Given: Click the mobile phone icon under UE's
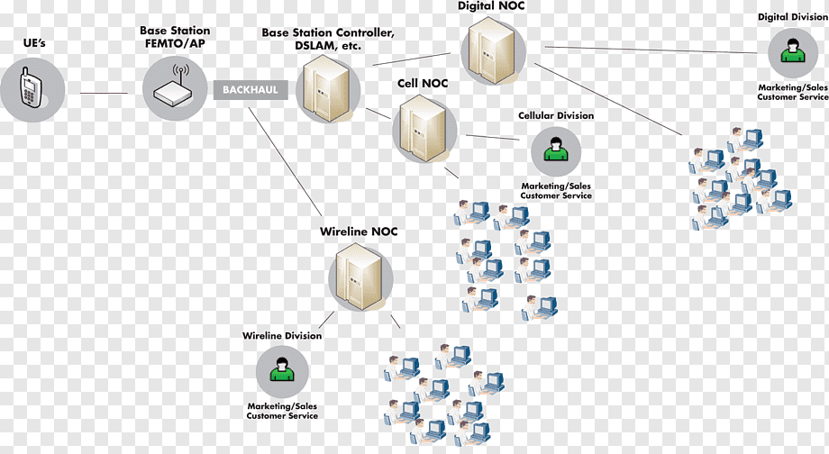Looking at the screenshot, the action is [30, 87].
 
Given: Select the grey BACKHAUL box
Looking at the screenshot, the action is [251, 90].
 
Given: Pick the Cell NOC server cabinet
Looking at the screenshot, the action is [422, 128].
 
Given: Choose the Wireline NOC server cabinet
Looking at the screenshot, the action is [359, 277].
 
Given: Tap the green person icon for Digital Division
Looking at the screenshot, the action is [793, 50].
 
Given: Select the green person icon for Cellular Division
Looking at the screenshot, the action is [556, 149].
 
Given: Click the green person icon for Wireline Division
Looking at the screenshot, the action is [282, 369].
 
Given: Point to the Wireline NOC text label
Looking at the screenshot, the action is [359, 232].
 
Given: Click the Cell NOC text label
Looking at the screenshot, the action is [423, 84].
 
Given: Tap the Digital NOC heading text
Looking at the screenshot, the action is [491, 6].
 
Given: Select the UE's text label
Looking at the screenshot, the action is [34, 43].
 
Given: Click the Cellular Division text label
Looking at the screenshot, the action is [556, 115].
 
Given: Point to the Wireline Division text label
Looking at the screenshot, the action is [282, 336].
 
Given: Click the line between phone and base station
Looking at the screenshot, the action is [104, 93].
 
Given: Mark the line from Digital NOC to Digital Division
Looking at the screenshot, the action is [651, 50].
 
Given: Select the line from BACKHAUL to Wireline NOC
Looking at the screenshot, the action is [286, 161].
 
